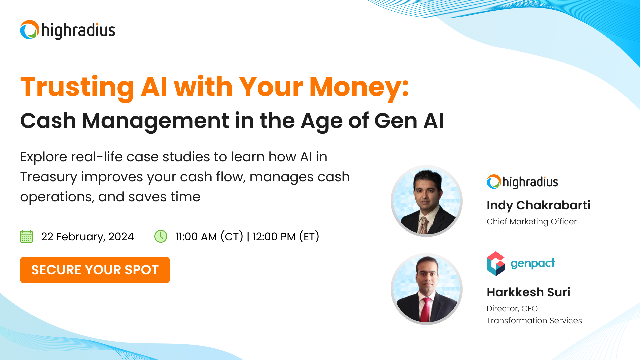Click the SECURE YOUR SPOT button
pos(95,270)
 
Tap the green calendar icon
pos(26,236)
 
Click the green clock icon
pos(161,236)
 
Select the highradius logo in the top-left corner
pos(68,30)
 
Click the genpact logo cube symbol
pos(496,264)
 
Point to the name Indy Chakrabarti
pos(538,205)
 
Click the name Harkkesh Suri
pos(528,292)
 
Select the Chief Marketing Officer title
pos(531,222)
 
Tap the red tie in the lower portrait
pos(425,310)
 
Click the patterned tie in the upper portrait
pos(423,225)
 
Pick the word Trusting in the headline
pos(77,87)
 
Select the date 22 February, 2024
pos(87,237)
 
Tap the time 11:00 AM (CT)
pos(209,237)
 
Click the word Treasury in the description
pos(49,177)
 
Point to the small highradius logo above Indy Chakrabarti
pos(522,182)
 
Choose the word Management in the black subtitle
pos(156,121)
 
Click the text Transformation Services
pos(534,321)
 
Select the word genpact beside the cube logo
pos(533,263)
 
